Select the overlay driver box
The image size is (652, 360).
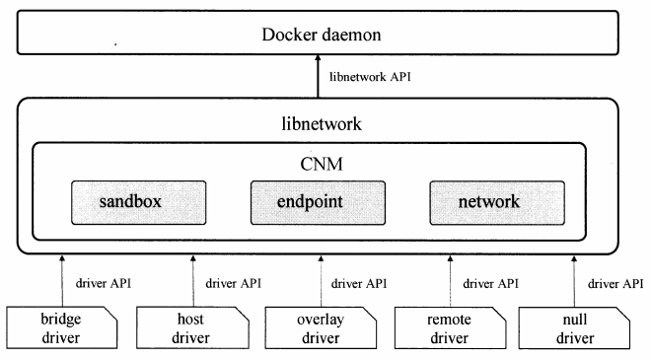319,329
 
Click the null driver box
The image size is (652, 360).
574,329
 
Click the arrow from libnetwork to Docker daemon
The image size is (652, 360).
318,79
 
